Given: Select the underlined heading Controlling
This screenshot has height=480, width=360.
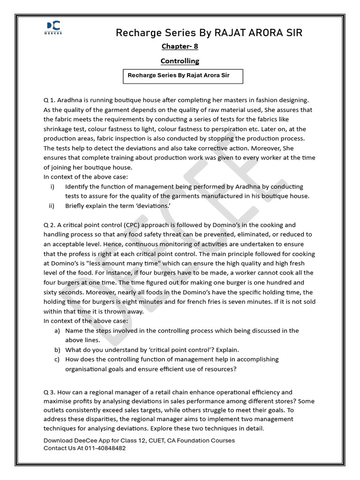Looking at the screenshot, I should click(180, 61).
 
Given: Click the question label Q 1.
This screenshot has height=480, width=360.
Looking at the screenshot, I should click(50, 100).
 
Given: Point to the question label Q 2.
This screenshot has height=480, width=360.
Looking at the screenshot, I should click(50, 225).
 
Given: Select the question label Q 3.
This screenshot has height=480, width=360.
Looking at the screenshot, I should click(50, 392).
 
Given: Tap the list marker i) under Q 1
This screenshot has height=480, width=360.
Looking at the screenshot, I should click(52, 187).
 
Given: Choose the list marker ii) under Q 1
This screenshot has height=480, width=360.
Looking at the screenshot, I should click(52, 205).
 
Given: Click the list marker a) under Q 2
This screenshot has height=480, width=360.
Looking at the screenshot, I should click(57, 330).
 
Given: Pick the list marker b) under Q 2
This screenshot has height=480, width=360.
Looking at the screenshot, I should click(57, 350).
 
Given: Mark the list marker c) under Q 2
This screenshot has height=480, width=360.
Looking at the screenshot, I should click(57, 359).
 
